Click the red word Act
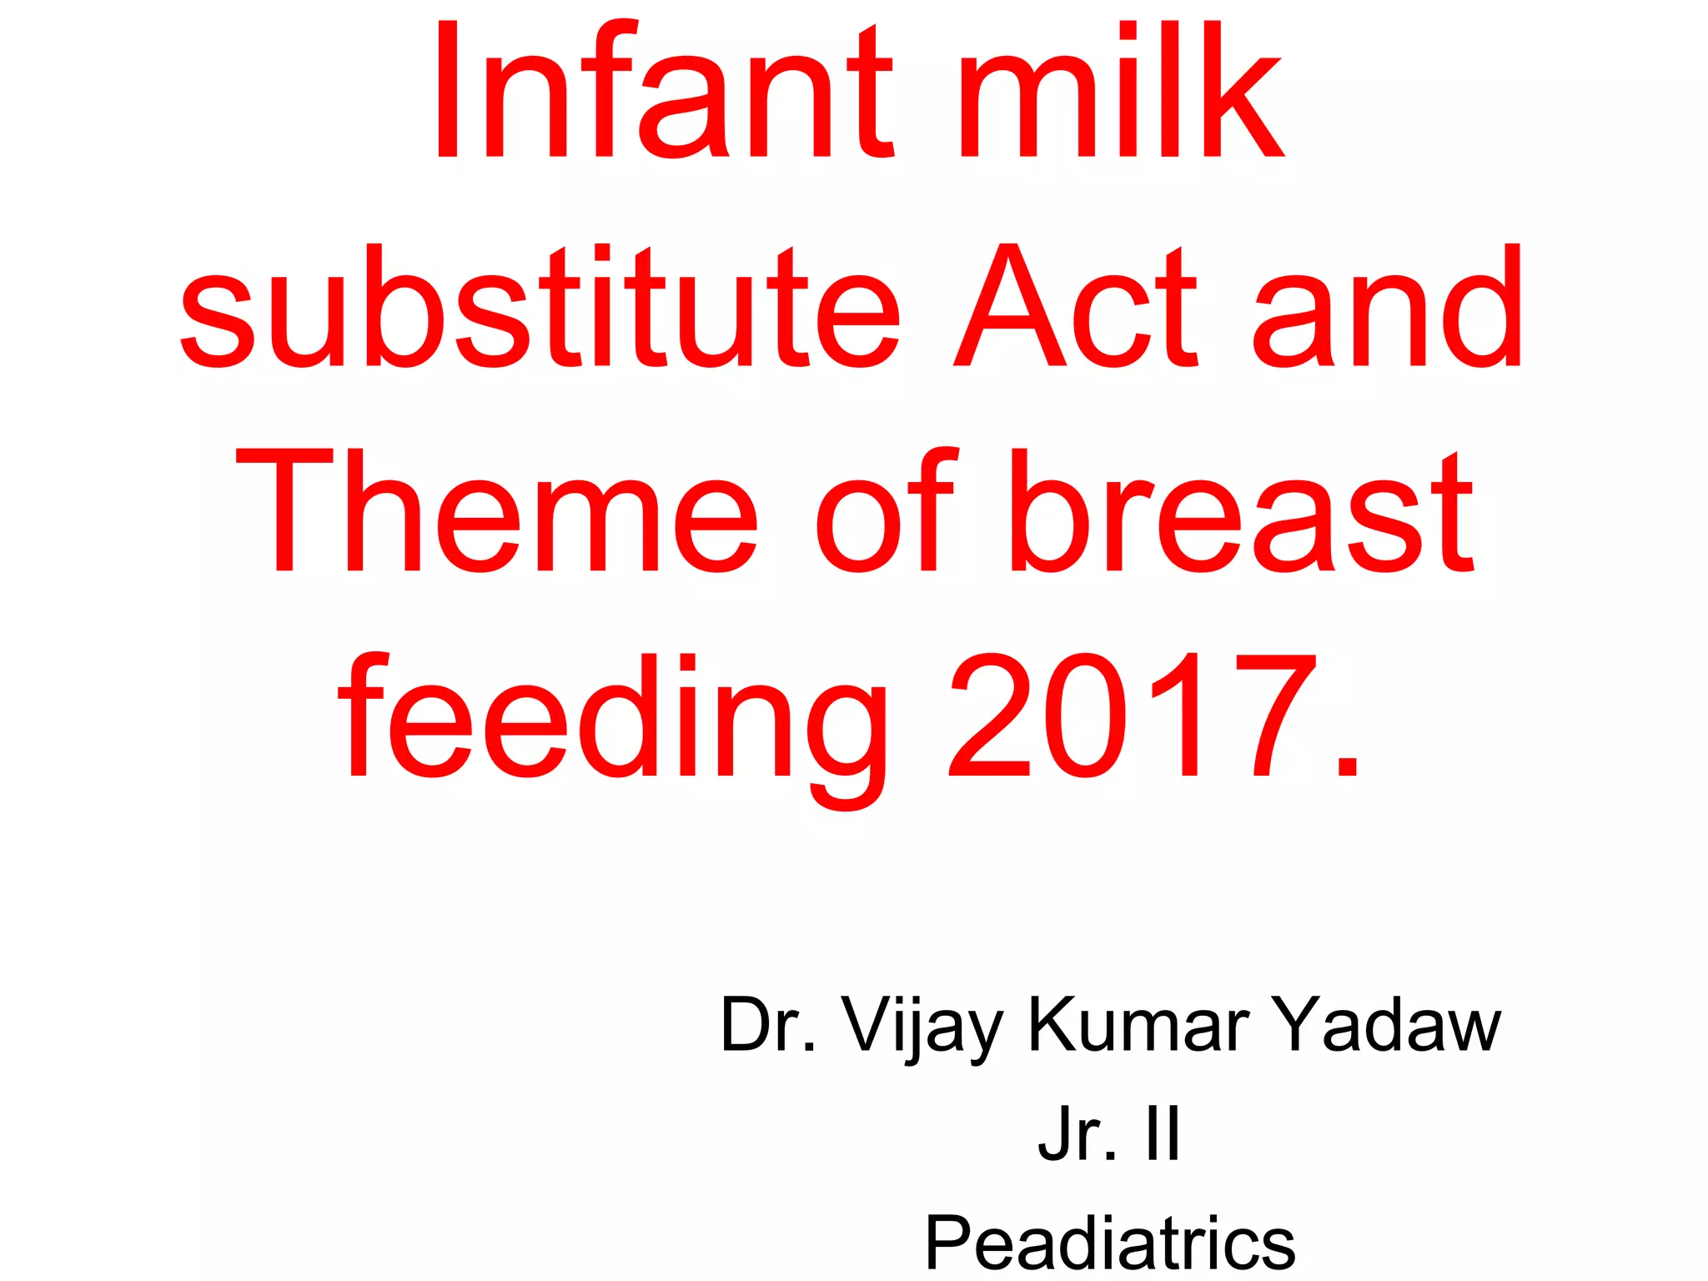click(x=1076, y=307)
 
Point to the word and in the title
click(x=1389, y=307)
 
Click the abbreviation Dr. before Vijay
click(x=768, y=1024)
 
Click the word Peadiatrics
click(x=1110, y=1243)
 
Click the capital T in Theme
click(x=284, y=511)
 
